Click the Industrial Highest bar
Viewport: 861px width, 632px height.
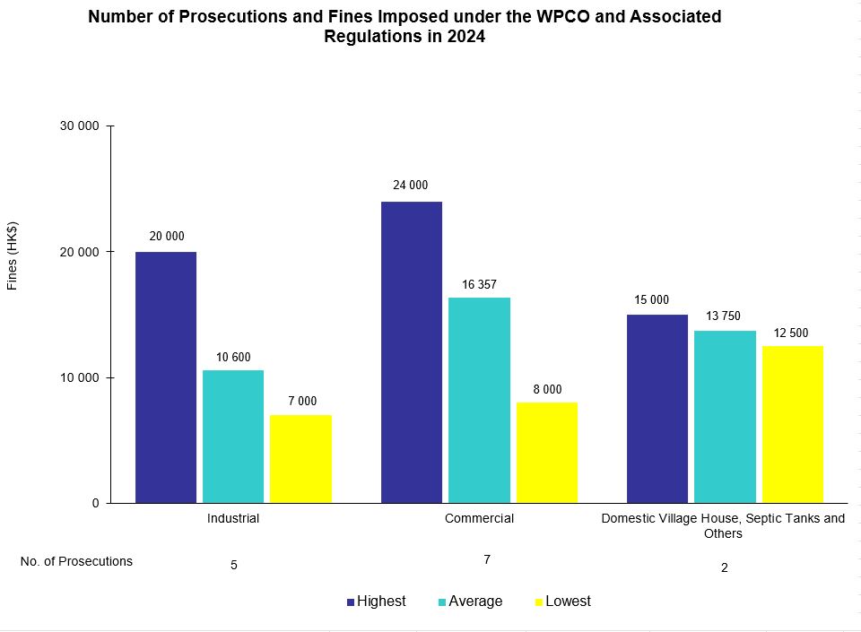click(x=166, y=377)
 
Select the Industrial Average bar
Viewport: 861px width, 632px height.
click(x=233, y=437)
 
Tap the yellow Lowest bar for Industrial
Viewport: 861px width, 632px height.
click(x=300, y=459)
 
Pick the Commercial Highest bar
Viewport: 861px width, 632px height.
click(x=412, y=351)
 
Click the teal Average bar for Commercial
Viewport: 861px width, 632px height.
click(x=479, y=400)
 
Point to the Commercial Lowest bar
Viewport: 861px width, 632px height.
click(x=546, y=453)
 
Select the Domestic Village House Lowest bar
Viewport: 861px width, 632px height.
click(x=792, y=424)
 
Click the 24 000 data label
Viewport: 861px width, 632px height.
click(x=411, y=186)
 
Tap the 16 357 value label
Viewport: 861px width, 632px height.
click(x=479, y=284)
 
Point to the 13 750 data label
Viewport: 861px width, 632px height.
click(x=725, y=316)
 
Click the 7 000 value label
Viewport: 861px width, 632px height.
click(x=301, y=402)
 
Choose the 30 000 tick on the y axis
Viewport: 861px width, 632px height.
click(x=79, y=126)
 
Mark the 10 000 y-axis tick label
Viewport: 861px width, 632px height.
click(x=79, y=377)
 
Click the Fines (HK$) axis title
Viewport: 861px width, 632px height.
click(x=13, y=255)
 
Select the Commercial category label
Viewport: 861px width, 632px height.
click(x=479, y=518)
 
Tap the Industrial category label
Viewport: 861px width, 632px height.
click(x=233, y=518)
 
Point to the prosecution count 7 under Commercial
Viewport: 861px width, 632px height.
click(x=487, y=559)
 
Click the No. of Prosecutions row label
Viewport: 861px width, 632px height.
click(x=76, y=561)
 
